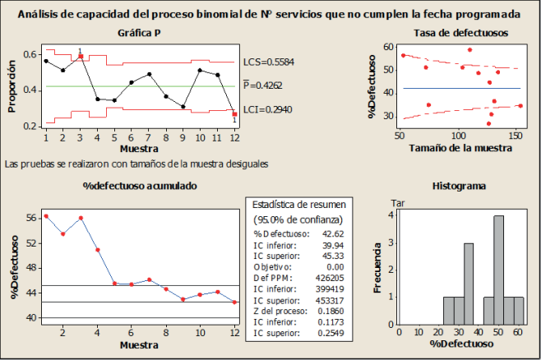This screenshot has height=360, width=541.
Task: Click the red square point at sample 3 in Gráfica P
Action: click(80, 57)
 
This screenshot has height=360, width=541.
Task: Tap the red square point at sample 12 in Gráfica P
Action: click(235, 114)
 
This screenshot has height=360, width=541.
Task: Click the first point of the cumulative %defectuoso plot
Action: click(45, 216)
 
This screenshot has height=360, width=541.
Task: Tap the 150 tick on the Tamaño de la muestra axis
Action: click(516, 136)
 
